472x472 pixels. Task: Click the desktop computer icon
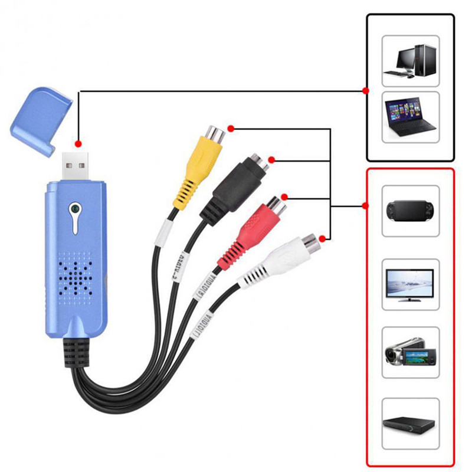click(x=411, y=61)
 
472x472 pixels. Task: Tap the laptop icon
click(x=411, y=116)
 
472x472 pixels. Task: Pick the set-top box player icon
click(x=411, y=424)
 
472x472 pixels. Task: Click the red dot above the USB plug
click(x=78, y=143)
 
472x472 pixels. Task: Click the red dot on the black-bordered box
click(x=366, y=90)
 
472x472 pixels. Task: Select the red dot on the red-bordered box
click(x=366, y=206)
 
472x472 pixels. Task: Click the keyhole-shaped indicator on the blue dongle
click(x=74, y=211)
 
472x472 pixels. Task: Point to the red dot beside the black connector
click(x=271, y=160)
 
